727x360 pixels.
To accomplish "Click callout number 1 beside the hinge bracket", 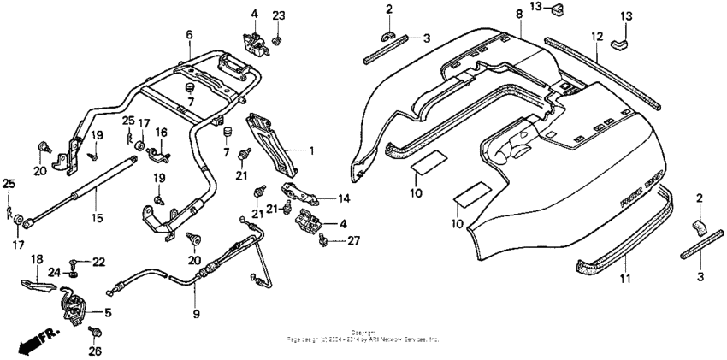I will tap(311, 151).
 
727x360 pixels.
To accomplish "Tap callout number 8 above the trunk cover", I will tap(519, 15).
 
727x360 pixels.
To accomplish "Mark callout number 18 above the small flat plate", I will tap(37, 258).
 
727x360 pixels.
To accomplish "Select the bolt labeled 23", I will tap(278, 39).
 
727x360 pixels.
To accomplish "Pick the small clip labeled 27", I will tap(323, 242).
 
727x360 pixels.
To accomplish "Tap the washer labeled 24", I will tap(74, 274).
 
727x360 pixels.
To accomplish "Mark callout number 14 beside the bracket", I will tap(343, 199).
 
